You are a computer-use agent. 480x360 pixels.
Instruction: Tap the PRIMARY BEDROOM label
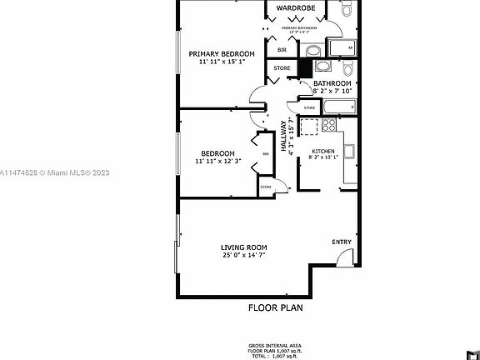(220, 53)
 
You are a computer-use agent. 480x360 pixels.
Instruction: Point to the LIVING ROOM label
(243, 247)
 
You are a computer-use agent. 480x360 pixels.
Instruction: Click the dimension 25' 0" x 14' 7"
(243, 256)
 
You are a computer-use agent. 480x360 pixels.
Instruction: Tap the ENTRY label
(342, 242)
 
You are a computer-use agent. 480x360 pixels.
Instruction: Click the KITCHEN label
(322, 151)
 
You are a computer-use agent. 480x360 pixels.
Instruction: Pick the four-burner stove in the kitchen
(309, 127)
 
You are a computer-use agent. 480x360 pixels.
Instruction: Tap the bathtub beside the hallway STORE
(338, 107)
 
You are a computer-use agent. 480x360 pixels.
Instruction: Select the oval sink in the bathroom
(323, 69)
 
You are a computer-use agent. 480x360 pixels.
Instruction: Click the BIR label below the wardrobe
(271, 51)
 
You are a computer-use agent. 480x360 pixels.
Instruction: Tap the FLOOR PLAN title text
(276, 307)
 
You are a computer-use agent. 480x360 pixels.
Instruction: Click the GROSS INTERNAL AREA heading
(275, 345)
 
